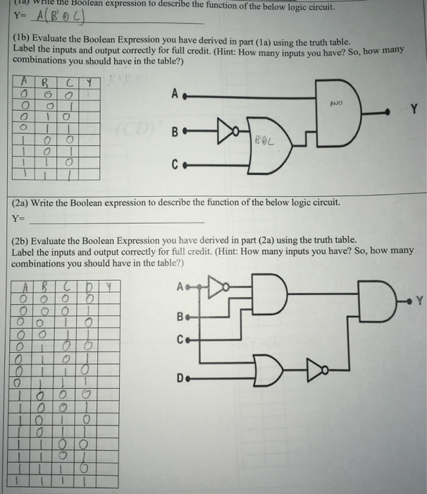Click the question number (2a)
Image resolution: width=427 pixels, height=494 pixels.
coord(22,203)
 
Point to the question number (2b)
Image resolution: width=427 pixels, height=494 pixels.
coord(22,240)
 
